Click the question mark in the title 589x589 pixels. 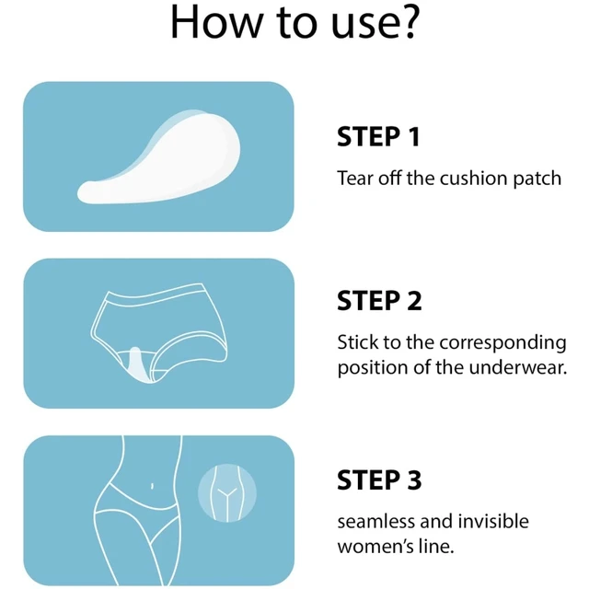tap(405, 24)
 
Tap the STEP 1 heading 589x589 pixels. tap(378, 137)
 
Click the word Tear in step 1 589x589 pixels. tap(355, 178)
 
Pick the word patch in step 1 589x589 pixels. tap(537, 178)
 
